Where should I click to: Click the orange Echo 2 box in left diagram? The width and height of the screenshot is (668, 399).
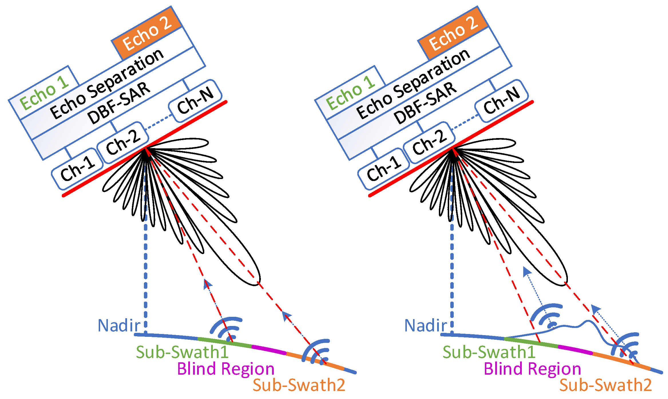point(147,33)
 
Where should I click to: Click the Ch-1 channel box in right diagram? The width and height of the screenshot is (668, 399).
point(384,169)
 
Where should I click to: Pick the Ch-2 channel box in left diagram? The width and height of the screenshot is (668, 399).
point(123,142)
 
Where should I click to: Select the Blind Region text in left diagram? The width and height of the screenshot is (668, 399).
point(226,369)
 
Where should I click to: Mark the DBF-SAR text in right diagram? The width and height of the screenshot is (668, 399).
point(425,103)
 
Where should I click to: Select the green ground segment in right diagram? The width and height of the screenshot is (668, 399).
point(531,342)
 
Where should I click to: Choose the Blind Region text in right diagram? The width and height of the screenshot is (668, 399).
point(532,369)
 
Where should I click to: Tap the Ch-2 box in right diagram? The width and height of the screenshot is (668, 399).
point(429,142)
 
